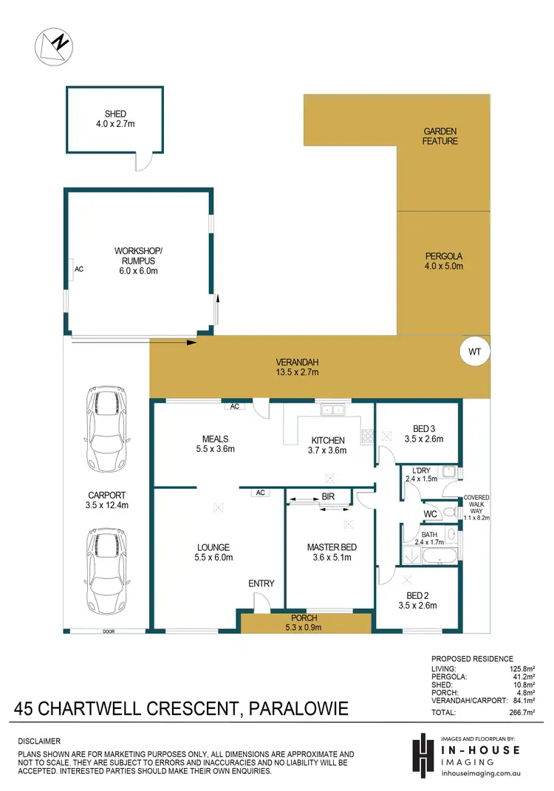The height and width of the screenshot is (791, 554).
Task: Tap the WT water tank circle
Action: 474,352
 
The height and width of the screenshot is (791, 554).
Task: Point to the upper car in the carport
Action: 106,416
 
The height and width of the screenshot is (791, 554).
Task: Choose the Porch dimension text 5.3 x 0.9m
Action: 304,628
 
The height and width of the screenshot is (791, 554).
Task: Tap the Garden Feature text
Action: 440,136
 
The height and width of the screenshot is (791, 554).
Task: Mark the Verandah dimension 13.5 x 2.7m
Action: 293,373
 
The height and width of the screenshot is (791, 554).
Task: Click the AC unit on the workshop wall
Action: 78,270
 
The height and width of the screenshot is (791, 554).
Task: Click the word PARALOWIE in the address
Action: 298,710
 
